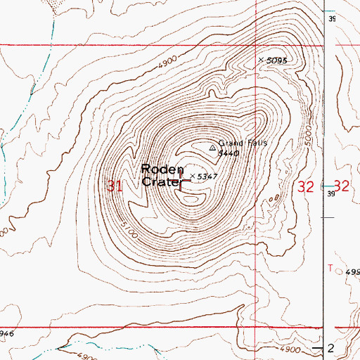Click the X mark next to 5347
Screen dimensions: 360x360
[191, 175]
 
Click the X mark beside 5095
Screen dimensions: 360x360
[261, 60]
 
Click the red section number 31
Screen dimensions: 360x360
[114, 186]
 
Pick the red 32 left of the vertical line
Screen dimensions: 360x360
[305, 186]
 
